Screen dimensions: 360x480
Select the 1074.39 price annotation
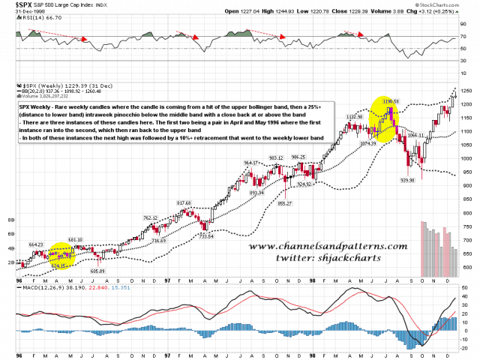370,143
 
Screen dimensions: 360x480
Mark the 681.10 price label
75,239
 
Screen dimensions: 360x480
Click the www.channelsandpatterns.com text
328,246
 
